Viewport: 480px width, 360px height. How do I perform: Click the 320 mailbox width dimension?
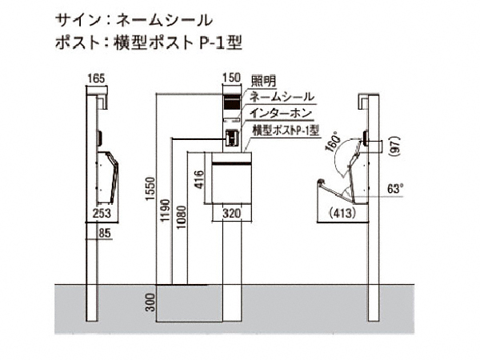(232, 214)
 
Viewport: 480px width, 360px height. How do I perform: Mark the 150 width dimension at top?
(232, 77)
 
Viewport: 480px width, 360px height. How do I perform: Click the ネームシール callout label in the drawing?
(282, 96)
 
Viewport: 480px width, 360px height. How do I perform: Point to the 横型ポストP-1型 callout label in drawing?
(286, 128)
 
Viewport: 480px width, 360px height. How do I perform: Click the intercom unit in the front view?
(231, 138)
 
